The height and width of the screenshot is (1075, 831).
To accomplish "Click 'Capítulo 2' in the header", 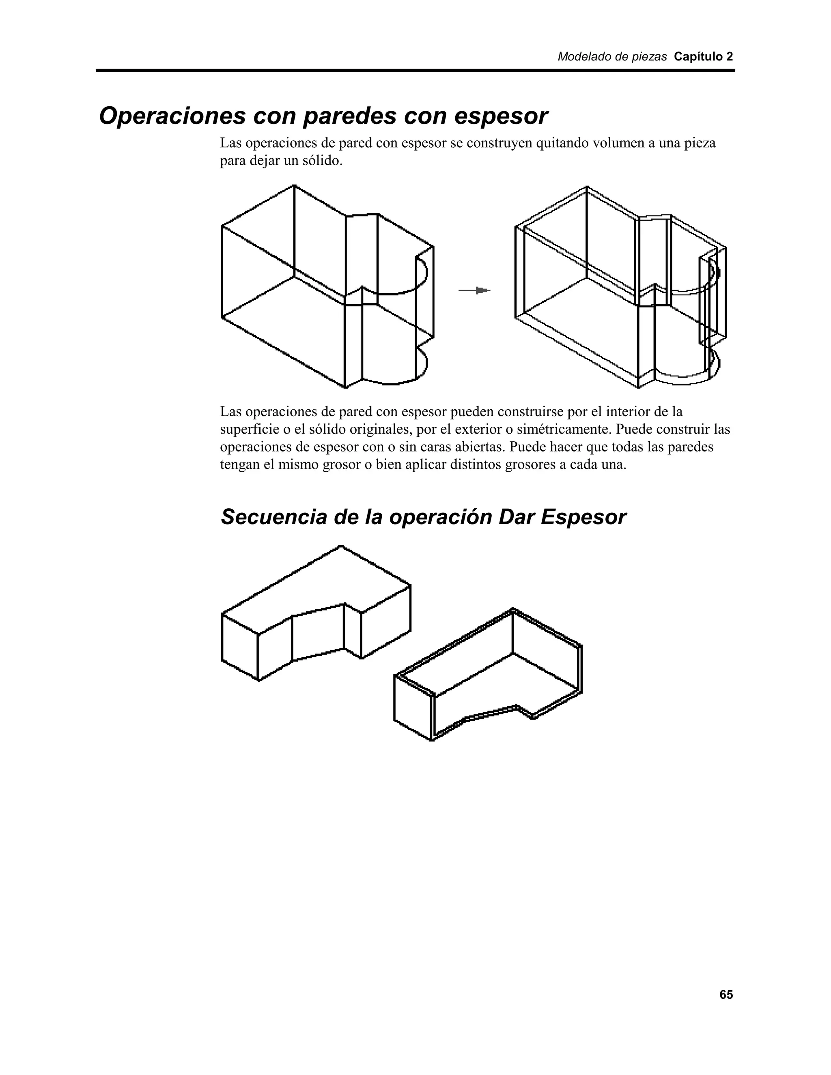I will point(703,57).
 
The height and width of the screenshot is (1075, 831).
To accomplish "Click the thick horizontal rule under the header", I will point(415,71).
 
